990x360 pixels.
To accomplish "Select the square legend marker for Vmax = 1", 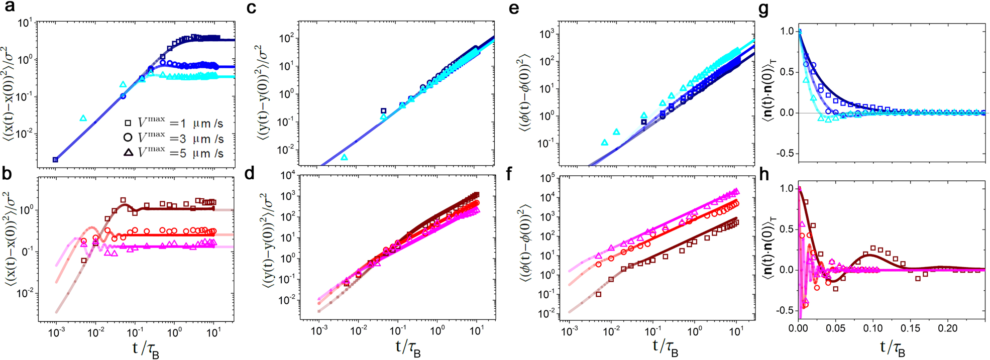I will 128,123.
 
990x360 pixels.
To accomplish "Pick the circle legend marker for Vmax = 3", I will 128,138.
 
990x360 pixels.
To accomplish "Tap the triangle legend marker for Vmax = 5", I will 128,152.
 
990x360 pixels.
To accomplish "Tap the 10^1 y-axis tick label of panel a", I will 25,23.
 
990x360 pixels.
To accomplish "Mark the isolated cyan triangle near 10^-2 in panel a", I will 83,118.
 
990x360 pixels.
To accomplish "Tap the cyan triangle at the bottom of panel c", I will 344,157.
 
